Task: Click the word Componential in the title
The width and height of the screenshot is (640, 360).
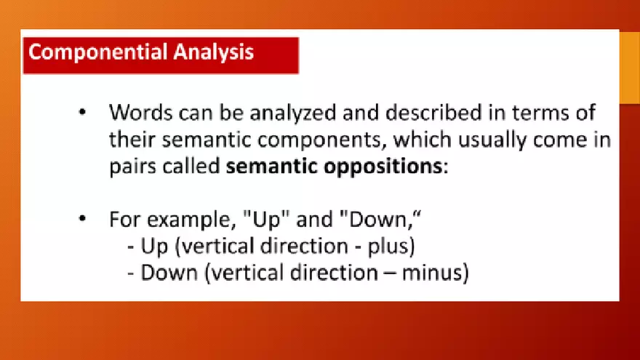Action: [x=98, y=52]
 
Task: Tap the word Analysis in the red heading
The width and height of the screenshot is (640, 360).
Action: [x=214, y=52]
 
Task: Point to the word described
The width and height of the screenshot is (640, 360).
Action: [x=433, y=112]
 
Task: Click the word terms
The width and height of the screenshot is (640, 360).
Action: [x=540, y=113]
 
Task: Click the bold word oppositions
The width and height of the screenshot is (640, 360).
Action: [x=383, y=167]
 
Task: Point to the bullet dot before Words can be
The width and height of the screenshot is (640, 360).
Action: [x=82, y=112]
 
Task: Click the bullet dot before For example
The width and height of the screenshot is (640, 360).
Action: [x=82, y=219]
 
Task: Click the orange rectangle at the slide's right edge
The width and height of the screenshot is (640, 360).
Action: [x=629, y=68]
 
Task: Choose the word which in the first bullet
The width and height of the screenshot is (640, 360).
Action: [x=422, y=140]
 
